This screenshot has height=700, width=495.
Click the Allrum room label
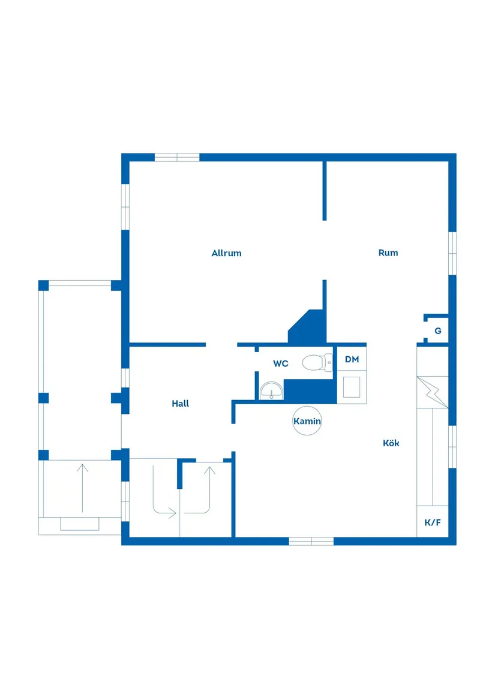(226, 253)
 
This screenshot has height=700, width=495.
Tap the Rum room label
(388, 253)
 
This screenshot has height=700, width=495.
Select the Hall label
(181, 404)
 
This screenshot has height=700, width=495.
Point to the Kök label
(391, 443)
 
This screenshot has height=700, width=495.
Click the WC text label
(281, 363)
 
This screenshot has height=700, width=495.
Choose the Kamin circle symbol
(307, 421)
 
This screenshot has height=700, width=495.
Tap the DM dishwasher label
(352, 359)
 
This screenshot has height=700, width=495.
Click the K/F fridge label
(433, 522)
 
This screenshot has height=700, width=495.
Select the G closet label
(438, 331)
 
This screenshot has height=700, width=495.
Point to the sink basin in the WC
(271, 391)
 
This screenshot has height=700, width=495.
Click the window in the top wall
(177, 157)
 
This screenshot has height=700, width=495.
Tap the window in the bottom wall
(311, 541)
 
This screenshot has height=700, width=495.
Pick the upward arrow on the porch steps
(82, 486)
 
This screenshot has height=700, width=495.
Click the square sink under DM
(352, 387)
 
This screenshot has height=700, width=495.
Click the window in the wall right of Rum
(453, 253)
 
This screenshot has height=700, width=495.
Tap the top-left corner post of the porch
(43, 285)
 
